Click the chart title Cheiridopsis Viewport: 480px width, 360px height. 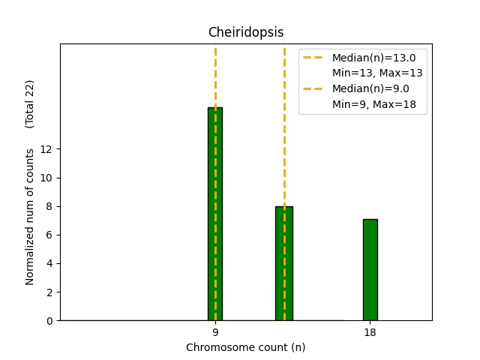click(x=246, y=32)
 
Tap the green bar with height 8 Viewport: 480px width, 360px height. click(x=283, y=263)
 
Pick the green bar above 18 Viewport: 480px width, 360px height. click(x=370, y=270)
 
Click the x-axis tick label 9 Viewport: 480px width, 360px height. click(x=215, y=332)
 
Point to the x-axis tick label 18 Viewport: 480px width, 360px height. click(x=370, y=332)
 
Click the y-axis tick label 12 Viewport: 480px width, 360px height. click(x=46, y=149)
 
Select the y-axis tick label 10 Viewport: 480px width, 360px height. click(x=46, y=178)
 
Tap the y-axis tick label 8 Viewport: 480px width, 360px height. click(x=49, y=206)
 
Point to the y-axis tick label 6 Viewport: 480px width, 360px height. click(x=49, y=235)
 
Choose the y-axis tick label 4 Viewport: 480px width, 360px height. click(x=49, y=263)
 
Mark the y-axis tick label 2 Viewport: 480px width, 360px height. click(x=49, y=292)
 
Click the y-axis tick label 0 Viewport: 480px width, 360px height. click(x=49, y=320)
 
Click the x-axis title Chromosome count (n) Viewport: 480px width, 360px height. click(x=246, y=347)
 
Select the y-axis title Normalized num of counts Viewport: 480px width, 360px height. click(x=30, y=217)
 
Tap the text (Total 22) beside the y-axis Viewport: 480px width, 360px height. click(x=30, y=103)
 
